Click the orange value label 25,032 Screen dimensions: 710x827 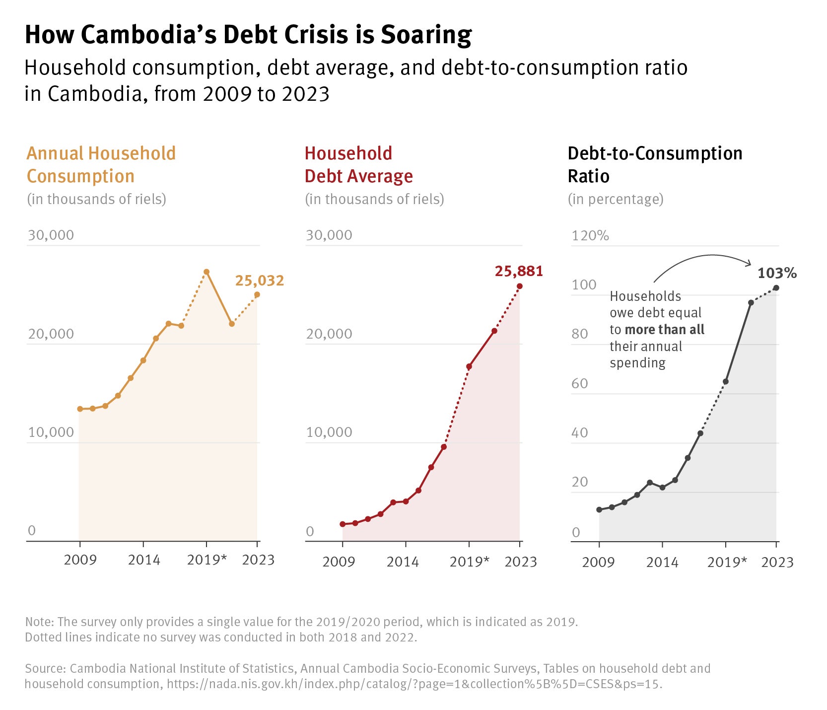pos(259,281)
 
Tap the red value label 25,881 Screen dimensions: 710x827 pos(519,272)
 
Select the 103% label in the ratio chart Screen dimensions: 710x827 pos(777,273)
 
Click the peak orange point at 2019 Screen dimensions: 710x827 pos(207,272)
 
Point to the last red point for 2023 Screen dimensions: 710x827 pos(520,286)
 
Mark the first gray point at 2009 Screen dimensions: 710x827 pos(599,510)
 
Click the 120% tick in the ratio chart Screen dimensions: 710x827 pos(590,235)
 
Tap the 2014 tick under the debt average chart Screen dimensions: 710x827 pos(403,562)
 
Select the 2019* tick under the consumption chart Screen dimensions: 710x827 pos(207,560)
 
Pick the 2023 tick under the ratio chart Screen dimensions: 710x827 pos(777,563)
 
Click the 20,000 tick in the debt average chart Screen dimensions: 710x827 pos(329,334)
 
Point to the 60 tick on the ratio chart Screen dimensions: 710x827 pos(579,383)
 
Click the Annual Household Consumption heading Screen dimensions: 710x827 pos(101,165)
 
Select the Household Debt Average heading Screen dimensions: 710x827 pos(358,165)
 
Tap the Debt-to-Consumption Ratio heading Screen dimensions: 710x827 pos(654,165)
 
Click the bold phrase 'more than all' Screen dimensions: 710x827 pos(664,330)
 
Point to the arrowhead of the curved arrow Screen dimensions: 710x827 pos(751,264)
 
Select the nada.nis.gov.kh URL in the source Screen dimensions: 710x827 pos(414,684)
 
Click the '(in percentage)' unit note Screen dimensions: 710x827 pos(616,199)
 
